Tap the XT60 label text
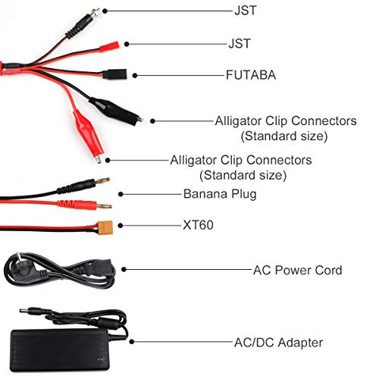[198, 224]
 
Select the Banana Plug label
[220, 194]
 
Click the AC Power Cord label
[297, 270]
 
